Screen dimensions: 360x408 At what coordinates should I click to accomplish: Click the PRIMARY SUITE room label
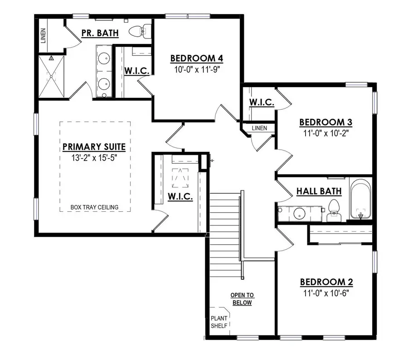click(94, 147)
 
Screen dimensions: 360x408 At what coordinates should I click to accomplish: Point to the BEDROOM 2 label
click(326, 282)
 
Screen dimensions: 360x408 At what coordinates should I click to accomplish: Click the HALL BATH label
click(319, 191)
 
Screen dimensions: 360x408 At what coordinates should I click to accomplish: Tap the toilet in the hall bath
click(335, 210)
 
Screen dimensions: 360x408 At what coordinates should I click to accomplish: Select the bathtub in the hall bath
click(361, 199)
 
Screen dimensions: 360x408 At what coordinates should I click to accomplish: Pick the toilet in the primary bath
click(137, 31)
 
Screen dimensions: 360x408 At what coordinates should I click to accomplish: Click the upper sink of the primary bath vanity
click(104, 58)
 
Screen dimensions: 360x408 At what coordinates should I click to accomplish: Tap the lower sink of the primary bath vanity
click(104, 83)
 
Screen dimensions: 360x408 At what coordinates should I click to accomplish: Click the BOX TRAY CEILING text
click(94, 207)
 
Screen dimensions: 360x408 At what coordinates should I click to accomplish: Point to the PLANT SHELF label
click(219, 321)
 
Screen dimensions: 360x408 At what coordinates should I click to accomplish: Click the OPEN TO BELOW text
click(242, 299)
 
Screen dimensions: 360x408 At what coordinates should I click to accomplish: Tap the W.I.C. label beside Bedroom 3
click(262, 102)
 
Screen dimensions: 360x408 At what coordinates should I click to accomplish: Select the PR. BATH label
click(100, 33)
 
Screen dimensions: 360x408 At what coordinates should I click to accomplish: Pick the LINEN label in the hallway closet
click(259, 128)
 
